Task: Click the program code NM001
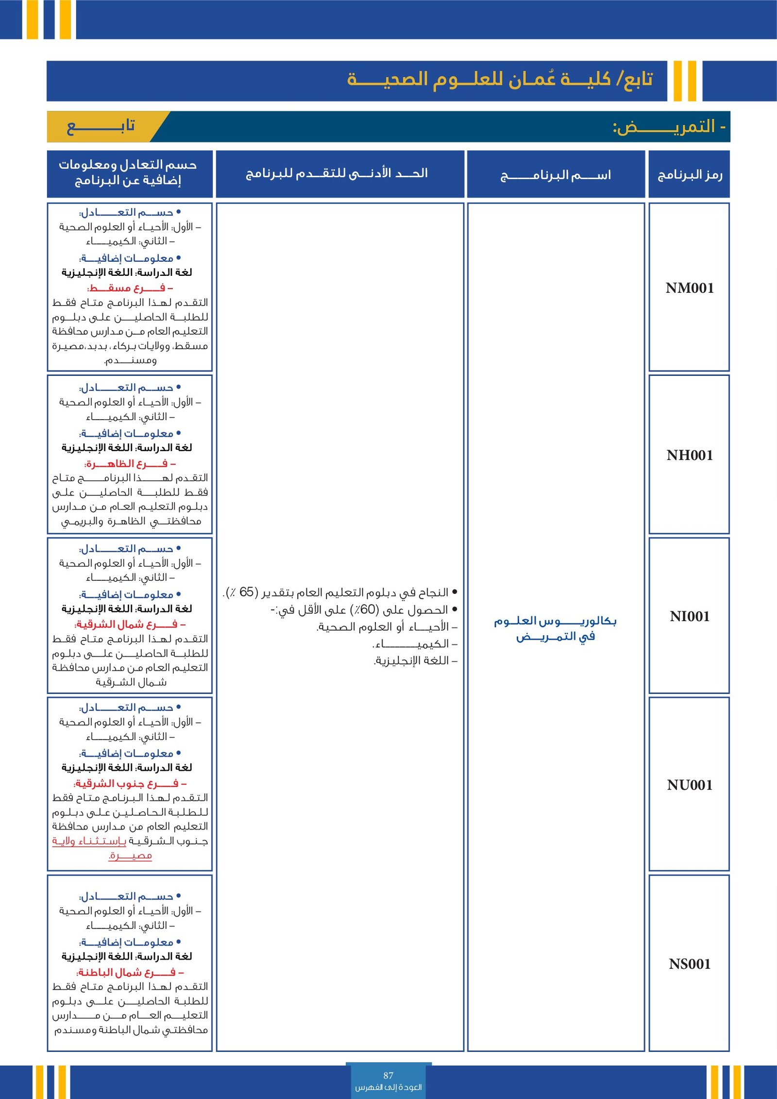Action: click(690, 288)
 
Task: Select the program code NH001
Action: click(690, 456)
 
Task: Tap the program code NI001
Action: click(690, 616)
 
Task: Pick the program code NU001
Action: click(690, 785)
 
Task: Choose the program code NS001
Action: click(690, 964)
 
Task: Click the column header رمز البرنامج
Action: click(690, 175)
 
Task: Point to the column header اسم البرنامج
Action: click(556, 175)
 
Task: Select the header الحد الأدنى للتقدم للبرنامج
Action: click(337, 173)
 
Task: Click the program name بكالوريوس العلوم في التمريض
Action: click(556, 628)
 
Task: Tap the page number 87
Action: click(388, 1076)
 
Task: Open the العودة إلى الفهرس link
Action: click(388, 1087)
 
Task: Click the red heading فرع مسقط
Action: click(130, 288)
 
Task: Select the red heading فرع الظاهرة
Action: click(130, 463)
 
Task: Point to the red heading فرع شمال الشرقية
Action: click(130, 624)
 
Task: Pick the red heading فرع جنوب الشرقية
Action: click(130, 783)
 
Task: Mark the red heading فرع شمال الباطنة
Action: click(130, 972)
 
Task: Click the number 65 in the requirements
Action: click(247, 592)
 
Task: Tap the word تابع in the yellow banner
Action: click(101, 127)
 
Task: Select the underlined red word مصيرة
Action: click(130, 856)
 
